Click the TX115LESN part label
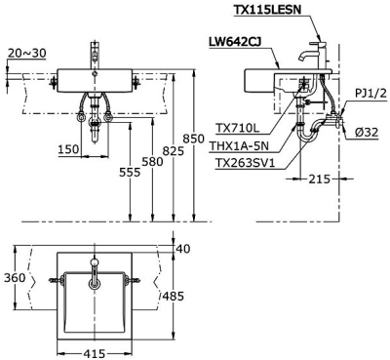point(267,10)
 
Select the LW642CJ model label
point(236,42)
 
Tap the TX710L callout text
point(238,129)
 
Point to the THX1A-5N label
point(239,145)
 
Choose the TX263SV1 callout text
point(245,163)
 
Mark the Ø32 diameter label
point(367,133)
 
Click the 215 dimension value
point(319,179)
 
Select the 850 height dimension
point(193,139)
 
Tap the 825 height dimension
point(173,151)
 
